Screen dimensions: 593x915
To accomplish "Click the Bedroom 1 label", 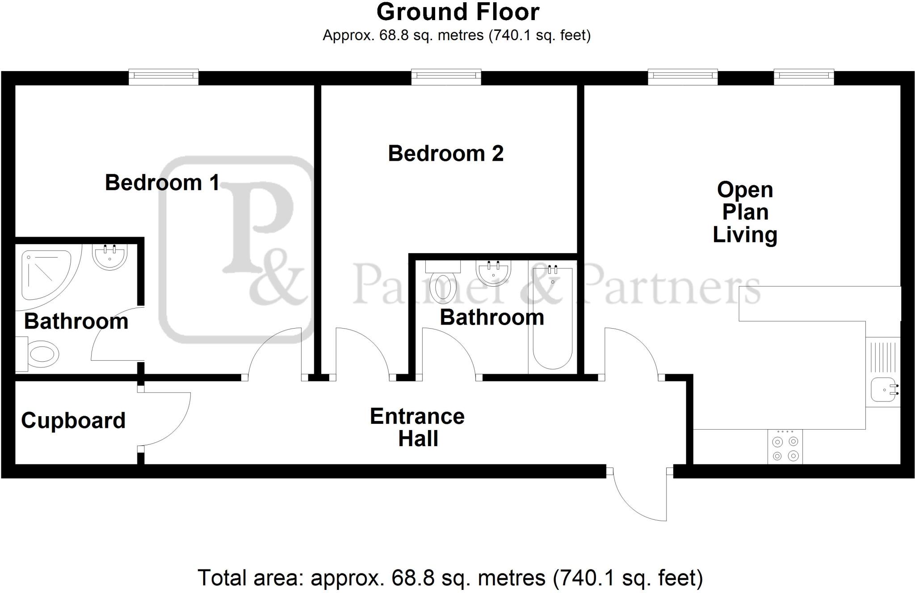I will [162, 183].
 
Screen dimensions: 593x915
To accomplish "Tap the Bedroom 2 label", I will [445, 154].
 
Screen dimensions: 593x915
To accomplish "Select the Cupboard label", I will [73, 421].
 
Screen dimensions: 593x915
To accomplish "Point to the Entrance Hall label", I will [417, 427].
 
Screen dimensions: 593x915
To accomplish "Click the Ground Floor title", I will [457, 13].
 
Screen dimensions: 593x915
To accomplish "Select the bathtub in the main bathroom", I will [552, 317].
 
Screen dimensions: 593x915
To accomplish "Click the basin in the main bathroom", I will [493, 272].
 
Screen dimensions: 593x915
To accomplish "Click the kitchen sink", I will [884, 389].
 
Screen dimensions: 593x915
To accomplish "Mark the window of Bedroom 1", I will [164, 77].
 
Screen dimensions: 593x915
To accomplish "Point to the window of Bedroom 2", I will [446, 77].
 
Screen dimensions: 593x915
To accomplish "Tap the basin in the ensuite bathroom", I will [110, 256].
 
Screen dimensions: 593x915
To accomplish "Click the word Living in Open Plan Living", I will [745, 235].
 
